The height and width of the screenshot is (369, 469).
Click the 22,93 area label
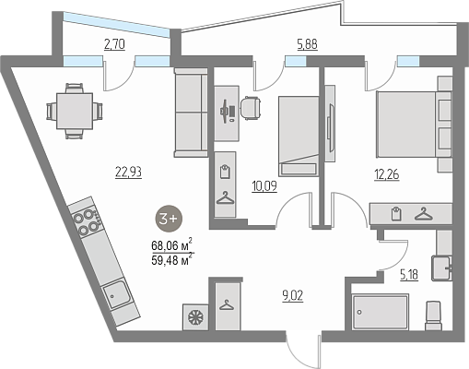pyautogui.click(x=128, y=172)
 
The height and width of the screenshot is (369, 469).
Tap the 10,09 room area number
pyautogui.click(x=264, y=186)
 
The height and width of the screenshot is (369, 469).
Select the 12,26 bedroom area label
pyautogui.click(x=387, y=174)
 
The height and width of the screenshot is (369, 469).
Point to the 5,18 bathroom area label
pyautogui.click(x=409, y=274)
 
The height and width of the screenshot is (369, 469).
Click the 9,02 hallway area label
pyautogui.click(x=293, y=296)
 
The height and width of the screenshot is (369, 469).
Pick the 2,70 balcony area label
pyautogui.click(x=114, y=44)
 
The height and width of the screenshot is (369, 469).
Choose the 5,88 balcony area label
pyautogui.click(x=307, y=44)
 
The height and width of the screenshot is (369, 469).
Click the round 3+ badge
pyautogui.click(x=169, y=219)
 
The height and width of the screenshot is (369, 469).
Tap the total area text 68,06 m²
pyautogui.click(x=171, y=244)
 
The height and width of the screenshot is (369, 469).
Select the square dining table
pyautogui.click(x=75, y=112)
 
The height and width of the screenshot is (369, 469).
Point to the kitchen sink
pyautogui.click(x=116, y=294)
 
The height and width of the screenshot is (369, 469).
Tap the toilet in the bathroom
pyautogui.click(x=433, y=315)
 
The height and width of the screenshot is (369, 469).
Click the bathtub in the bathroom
pyautogui.click(x=381, y=312)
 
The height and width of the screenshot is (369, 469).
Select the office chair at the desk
pyautogui.click(x=251, y=108)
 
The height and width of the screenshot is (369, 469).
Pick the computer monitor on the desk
pyautogui.click(x=225, y=111)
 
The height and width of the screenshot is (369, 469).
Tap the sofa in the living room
pyautogui.click(x=191, y=113)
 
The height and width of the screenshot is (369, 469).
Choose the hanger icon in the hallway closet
pyautogui.click(x=227, y=305)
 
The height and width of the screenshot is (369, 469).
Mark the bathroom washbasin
pyautogui.click(x=441, y=268)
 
